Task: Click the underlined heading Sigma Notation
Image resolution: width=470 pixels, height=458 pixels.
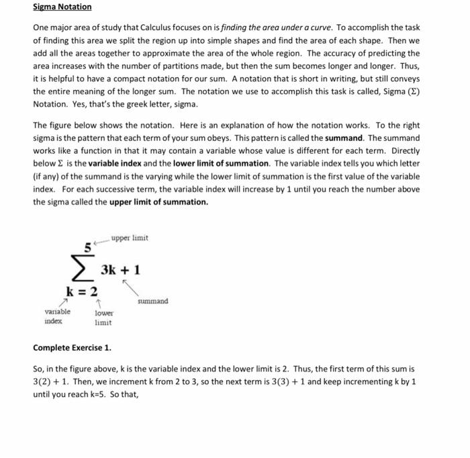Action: (62, 7)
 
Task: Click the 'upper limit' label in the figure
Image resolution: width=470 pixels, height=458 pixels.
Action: (130, 238)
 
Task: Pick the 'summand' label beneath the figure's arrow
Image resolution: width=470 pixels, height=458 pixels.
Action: (152, 302)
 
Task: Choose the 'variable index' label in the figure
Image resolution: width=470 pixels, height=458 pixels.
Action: (57, 317)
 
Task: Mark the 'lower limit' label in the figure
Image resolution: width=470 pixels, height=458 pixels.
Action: (104, 318)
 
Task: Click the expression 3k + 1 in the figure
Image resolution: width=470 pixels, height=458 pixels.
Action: (120, 270)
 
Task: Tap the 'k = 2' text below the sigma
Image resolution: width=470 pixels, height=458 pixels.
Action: (81, 291)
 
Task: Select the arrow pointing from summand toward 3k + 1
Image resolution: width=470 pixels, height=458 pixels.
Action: (130, 287)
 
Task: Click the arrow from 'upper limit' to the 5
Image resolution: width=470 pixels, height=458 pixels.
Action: (101, 242)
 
